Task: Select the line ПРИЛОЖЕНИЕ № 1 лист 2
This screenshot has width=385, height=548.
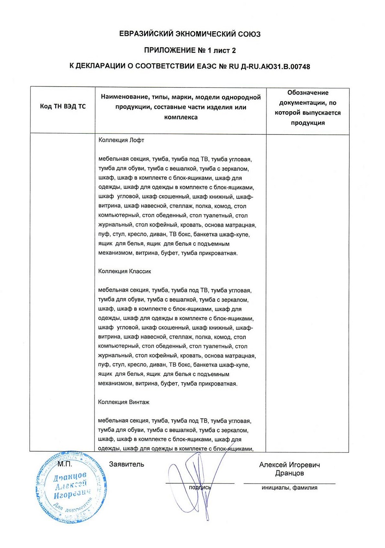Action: [190, 50]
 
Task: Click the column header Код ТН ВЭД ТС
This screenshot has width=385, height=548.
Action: [62, 107]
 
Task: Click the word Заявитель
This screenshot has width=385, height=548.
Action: [127, 464]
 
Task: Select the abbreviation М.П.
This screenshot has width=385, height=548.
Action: [65, 464]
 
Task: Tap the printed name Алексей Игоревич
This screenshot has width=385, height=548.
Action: [290, 465]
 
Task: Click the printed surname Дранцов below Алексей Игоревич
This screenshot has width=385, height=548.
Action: [290, 474]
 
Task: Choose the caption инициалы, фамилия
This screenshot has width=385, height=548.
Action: [290, 487]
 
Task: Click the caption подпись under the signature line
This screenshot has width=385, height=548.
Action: [200, 487]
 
